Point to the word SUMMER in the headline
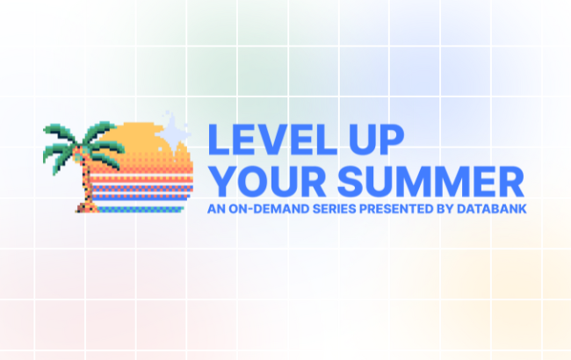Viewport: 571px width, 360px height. (431, 181)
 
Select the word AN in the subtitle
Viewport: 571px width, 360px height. (213, 209)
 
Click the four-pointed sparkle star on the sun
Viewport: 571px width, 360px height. (177, 128)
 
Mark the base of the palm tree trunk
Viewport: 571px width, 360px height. (85, 209)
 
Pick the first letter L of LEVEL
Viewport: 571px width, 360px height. (216, 141)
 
